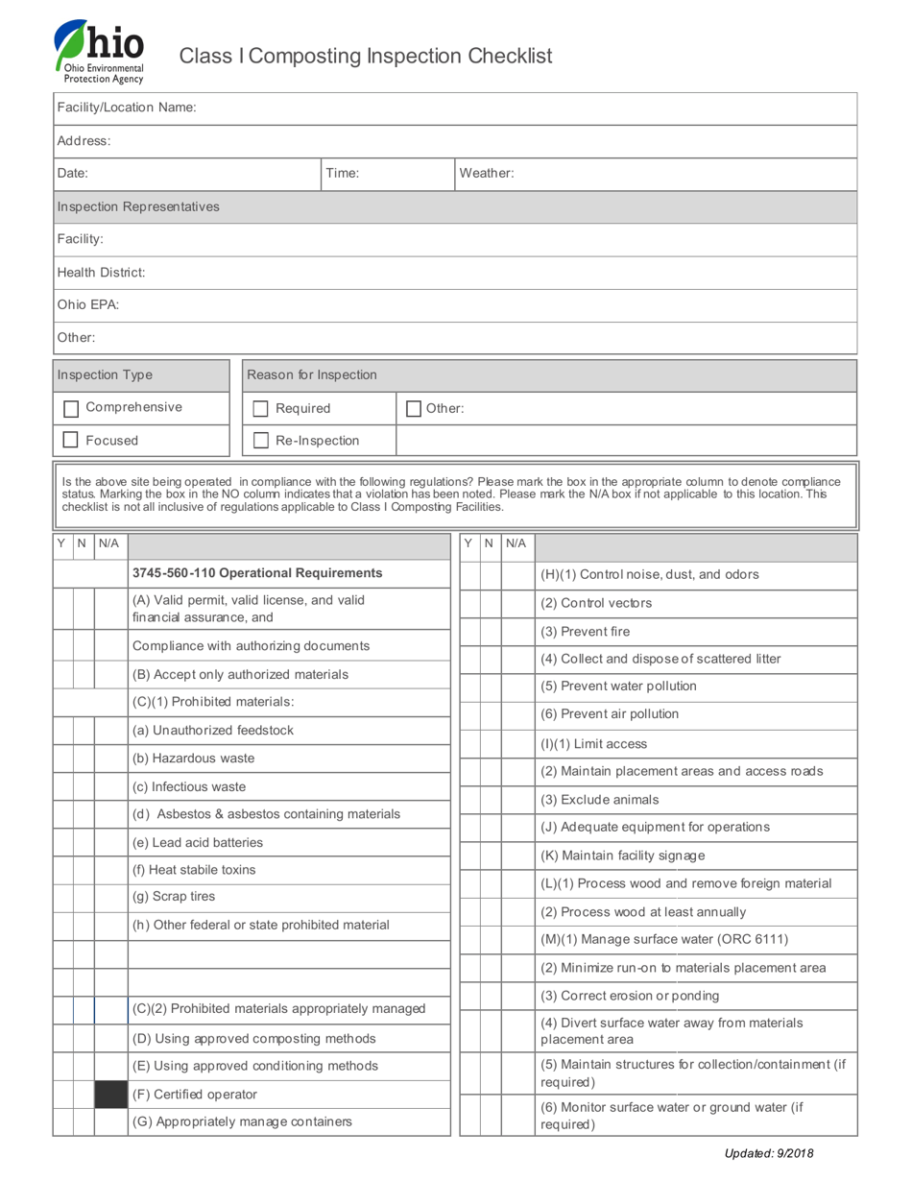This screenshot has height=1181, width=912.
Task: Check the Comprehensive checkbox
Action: pyautogui.click(x=70, y=409)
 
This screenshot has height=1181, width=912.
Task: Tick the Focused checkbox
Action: pyautogui.click(x=70, y=440)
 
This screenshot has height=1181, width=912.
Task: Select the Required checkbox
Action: pyautogui.click(x=260, y=409)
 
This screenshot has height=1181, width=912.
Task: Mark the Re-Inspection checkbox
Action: pyautogui.click(x=260, y=441)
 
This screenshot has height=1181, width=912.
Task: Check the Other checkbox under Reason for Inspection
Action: pyautogui.click(x=414, y=409)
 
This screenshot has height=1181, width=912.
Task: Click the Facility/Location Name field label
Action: pyautogui.click(x=127, y=108)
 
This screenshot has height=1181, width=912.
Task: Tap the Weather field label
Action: pyautogui.click(x=487, y=174)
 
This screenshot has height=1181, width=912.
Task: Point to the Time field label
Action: pyautogui.click(x=343, y=174)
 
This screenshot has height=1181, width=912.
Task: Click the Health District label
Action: pyautogui.click(x=101, y=273)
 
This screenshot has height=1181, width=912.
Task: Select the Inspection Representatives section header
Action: pyautogui.click(x=138, y=206)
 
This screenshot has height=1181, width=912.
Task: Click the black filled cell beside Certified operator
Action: pyautogui.click(x=110, y=1095)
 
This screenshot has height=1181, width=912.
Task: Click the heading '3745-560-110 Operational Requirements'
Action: pyautogui.click(x=257, y=573)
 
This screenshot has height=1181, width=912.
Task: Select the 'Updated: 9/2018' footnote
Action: pyautogui.click(x=768, y=1154)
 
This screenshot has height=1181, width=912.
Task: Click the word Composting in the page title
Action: pyautogui.click(x=307, y=56)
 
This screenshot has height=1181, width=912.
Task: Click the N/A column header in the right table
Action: pyautogui.click(x=516, y=543)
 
